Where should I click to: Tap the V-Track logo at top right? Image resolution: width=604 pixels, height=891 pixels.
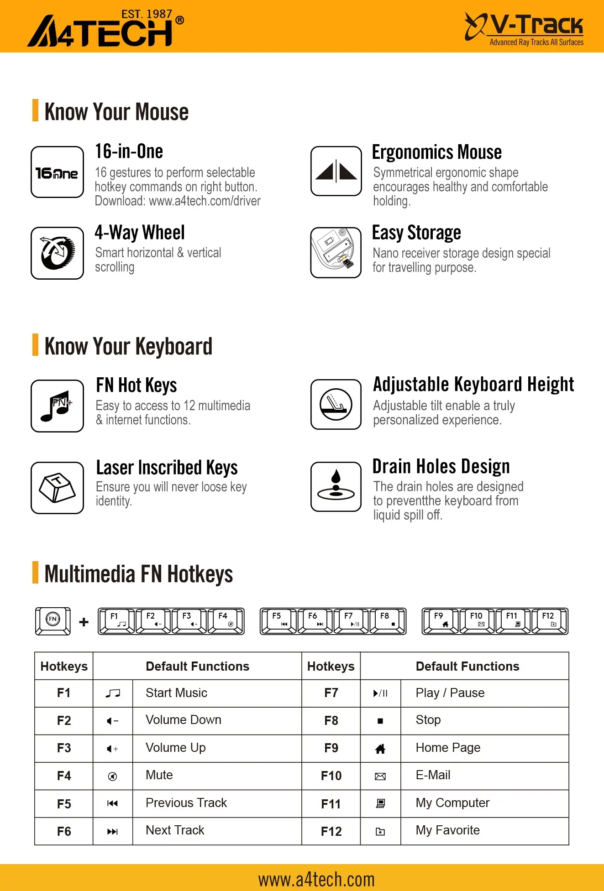point(524,28)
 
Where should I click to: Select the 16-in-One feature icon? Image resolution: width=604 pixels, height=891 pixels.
point(57,172)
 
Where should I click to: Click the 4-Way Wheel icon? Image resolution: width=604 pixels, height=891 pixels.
point(57,253)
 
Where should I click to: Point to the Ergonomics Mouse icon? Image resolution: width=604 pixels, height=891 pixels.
point(336,171)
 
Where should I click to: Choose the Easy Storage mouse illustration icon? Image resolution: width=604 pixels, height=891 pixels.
point(336,252)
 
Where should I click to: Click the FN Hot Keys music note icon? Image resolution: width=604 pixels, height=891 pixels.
point(57,406)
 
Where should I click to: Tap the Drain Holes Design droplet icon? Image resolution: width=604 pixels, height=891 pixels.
point(336,486)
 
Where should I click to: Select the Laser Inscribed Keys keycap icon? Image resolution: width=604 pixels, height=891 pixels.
point(57,487)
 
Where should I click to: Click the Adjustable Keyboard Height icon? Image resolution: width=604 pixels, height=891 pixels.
point(336,404)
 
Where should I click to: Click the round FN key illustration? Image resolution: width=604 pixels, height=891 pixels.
point(53,620)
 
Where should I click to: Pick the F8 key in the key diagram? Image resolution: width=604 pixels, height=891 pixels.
point(387,621)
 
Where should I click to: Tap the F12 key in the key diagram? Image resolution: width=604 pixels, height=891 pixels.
point(550,621)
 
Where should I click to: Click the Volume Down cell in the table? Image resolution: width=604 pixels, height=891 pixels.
point(184,720)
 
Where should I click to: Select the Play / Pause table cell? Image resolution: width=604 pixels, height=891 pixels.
point(450,693)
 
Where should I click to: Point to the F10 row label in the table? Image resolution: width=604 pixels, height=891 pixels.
point(331,776)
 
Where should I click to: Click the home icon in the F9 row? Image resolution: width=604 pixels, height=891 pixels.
point(380,749)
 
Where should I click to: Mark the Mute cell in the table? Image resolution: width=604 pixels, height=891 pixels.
point(159,775)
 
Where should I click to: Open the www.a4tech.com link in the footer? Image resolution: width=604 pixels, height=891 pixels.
point(316,879)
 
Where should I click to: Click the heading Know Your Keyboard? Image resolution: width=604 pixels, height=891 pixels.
point(128,346)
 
